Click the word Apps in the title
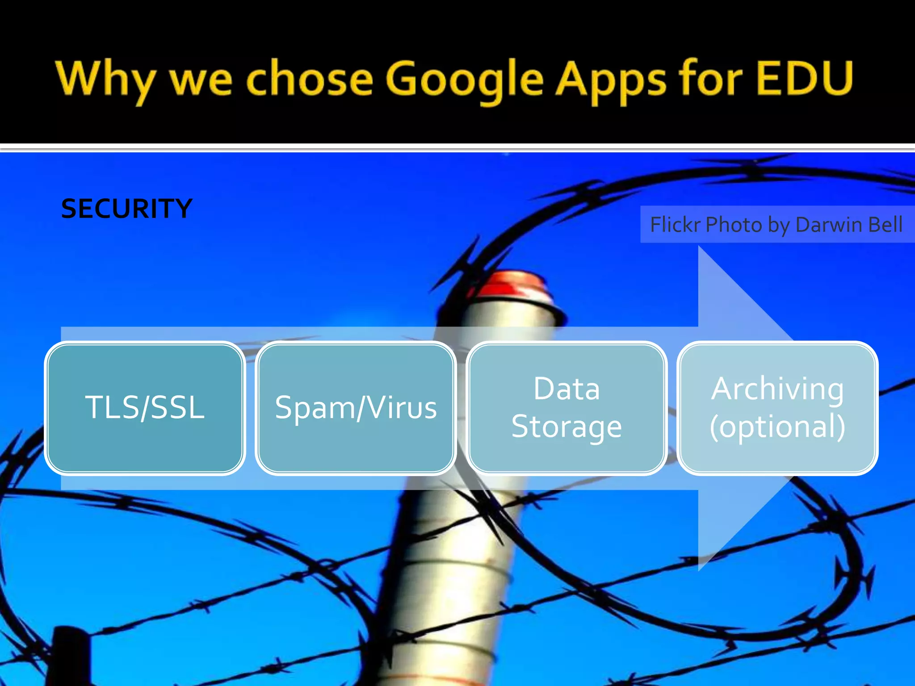[x=610, y=80]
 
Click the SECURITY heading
[x=126, y=209]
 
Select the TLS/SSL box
[x=145, y=408]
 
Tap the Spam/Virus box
[x=356, y=408]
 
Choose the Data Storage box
[x=567, y=408]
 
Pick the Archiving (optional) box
[x=777, y=408]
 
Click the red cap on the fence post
[x=514, y=286]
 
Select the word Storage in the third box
[x=567, y=427]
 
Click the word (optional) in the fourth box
[x=777, y=427]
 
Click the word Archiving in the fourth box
[x=777, y=389]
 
